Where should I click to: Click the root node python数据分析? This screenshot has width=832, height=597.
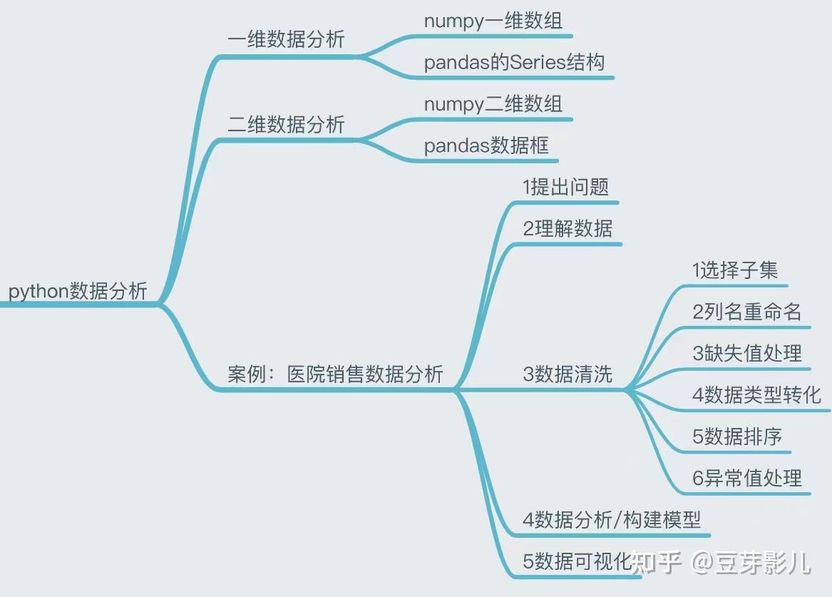[78, 291]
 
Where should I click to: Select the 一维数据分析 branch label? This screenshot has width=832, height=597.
[286, 39]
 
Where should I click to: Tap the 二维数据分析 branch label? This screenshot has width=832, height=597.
[286, 125]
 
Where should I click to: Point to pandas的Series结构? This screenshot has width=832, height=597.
[514, 63]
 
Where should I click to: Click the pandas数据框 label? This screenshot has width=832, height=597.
[486, 146]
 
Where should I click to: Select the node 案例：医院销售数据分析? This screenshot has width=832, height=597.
[335, 374]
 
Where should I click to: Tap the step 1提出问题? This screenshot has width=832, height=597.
[566, 187]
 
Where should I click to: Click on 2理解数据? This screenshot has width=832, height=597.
[567, 228]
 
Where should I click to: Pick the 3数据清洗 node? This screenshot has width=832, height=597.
[567, 374]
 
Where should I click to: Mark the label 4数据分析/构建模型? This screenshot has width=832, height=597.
[612, 519]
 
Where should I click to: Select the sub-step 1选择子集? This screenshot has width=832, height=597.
[735, 270]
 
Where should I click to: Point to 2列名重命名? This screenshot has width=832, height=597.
[746, 312]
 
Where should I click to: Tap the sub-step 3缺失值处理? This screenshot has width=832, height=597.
[746, 353]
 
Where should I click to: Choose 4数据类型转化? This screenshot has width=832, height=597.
[756, 394]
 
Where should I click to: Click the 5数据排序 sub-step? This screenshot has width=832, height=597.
[737, 437]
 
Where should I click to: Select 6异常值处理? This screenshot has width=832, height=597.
[746, 478]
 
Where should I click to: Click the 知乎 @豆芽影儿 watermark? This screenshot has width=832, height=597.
[721, 563]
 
